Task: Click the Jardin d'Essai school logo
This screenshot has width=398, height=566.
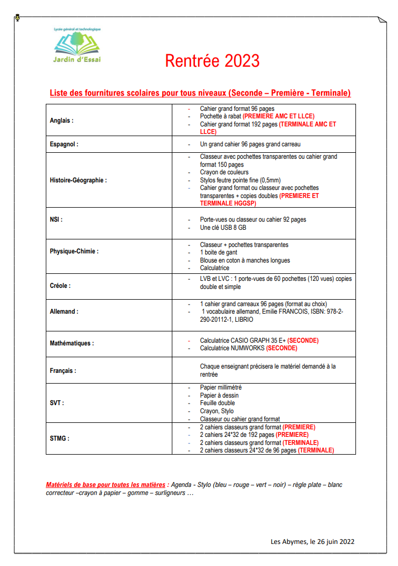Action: click(x=77, y=45)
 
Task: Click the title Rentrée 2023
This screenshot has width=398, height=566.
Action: click(x=212, y=61)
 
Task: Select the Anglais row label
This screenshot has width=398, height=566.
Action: click(x=61, y=121)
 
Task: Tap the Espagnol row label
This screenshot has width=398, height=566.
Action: click(x=64, y=144)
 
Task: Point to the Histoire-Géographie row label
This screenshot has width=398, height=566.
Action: click(x=78, y=180)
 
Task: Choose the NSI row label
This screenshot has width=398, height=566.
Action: click(x=56, y=220)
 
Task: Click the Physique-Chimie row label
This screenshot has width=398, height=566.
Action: click(x=74, y=251)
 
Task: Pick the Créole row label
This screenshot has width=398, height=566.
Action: click(x=60, y=286)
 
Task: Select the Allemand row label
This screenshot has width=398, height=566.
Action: click(x=64, y=312)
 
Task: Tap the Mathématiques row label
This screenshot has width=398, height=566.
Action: click(x=72, y=343)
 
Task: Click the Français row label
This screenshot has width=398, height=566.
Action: click(x=63, y=371)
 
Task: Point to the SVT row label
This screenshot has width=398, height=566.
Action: click(x=57, y=403)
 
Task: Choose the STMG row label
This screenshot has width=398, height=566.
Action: click(x=59, y=438)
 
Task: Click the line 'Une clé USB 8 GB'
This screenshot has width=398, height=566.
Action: click(x=223, y=228)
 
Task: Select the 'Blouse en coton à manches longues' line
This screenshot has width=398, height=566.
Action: click(x=245, y=260)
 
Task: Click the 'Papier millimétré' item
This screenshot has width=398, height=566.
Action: click(x=221, y=387)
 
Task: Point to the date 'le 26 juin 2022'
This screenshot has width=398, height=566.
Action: click(x=332, y=542)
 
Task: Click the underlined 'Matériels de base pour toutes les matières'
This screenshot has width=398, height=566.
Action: click(x=106, y=485)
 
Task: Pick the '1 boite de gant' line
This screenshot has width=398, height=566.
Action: click(x=218, y=252)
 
